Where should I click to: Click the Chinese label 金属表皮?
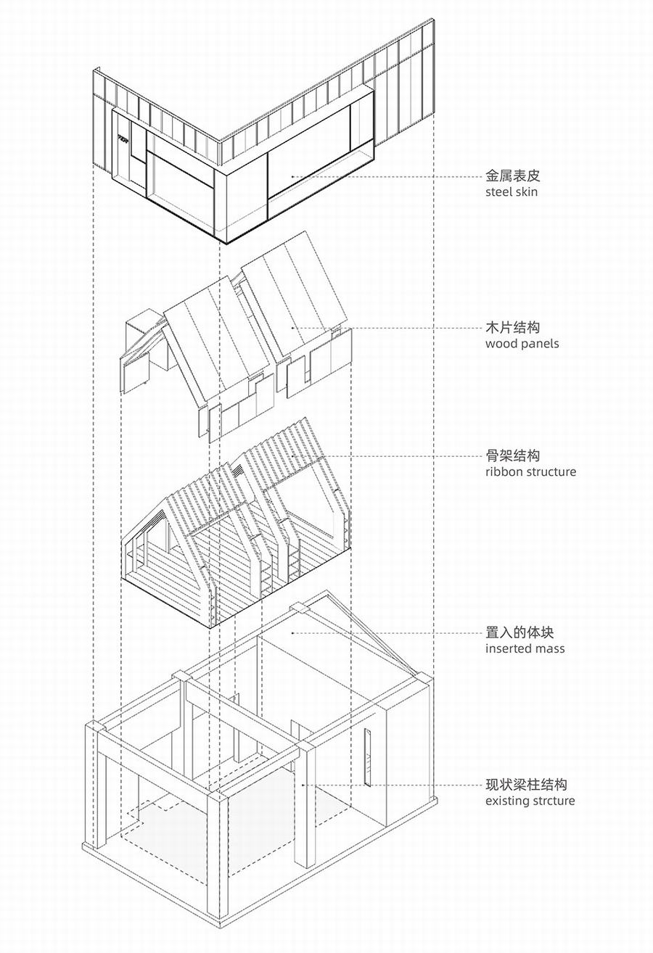tap(513, 176)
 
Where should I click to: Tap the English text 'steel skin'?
tap(512, 192)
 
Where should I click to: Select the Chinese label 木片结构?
tap(513, 327)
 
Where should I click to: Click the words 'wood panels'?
tap(522, 344)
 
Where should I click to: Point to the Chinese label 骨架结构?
tap(513, 455)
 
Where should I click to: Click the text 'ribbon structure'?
tap(531, 471)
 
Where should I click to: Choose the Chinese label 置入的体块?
tap(519, 632)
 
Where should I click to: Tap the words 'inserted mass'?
tap(525, 648)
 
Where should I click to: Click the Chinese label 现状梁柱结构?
tap(527, 784)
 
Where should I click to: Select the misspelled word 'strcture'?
tap(552, 801)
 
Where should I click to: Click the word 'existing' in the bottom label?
tap(506, 801)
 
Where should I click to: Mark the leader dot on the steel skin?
tap(292, 176)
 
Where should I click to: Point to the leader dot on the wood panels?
tap(292, 328)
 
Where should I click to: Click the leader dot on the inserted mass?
tap(292, 632)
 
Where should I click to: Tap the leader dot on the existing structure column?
tap(304, 785)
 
